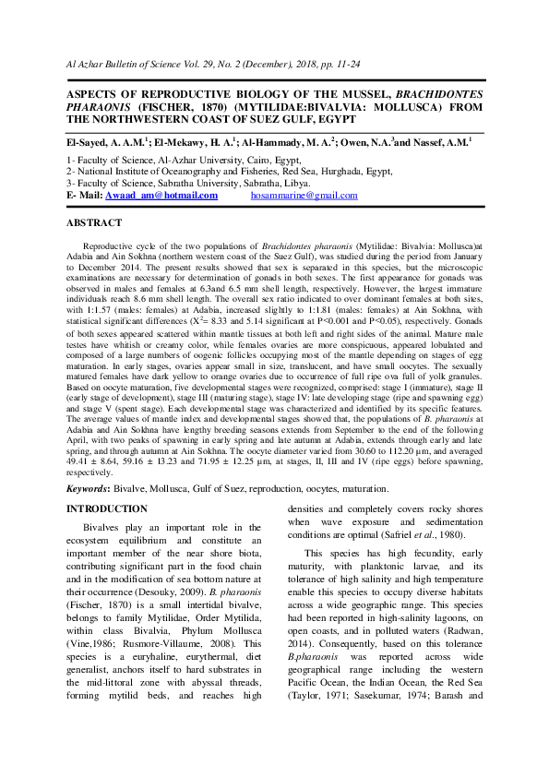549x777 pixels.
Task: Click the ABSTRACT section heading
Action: pos(94,223)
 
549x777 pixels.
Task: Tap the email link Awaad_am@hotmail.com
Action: pos(161,196)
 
